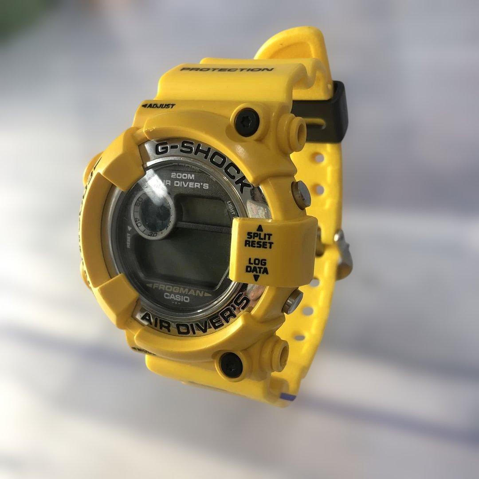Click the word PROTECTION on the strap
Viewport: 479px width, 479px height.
[227, 70]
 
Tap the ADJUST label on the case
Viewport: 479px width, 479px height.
[159, 106]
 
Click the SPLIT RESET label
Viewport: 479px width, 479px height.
[259, 240]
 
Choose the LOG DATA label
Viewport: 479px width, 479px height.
[257, 266]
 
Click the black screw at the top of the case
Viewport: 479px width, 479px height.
[247, 122]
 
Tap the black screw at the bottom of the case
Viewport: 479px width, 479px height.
[232, 365]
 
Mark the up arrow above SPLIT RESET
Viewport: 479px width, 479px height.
[259, 228]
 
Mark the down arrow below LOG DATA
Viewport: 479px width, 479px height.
[256, 278]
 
